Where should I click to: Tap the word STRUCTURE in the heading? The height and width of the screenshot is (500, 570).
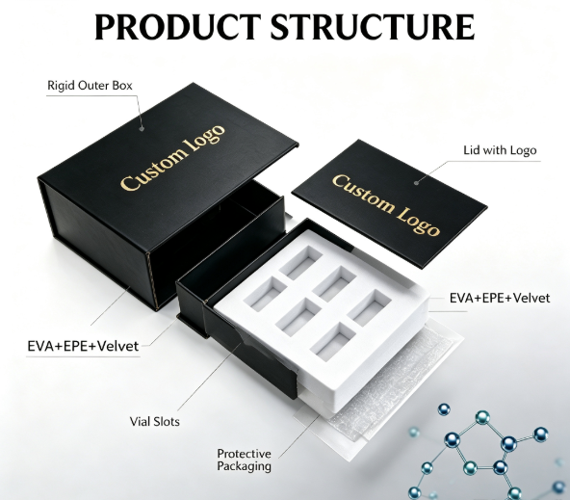(373, 27)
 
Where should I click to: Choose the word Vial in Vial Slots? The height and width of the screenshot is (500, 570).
(140, 422)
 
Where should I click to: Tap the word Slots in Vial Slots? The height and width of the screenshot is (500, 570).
(167, 422)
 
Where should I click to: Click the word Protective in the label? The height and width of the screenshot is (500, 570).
(244, 454)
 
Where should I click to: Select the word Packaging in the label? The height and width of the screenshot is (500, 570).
(244, 466)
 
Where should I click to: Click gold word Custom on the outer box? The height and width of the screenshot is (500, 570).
(153, 170)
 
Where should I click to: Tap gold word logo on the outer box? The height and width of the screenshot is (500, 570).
(205, 136)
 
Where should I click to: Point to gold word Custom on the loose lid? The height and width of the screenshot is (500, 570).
(364, 193)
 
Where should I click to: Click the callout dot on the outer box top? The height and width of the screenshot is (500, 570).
(142, 128)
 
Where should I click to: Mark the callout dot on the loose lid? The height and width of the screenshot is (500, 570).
(417, 182)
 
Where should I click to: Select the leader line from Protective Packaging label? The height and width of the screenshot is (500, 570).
(298, 435)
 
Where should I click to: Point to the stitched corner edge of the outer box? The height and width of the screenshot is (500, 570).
(153, 280)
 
